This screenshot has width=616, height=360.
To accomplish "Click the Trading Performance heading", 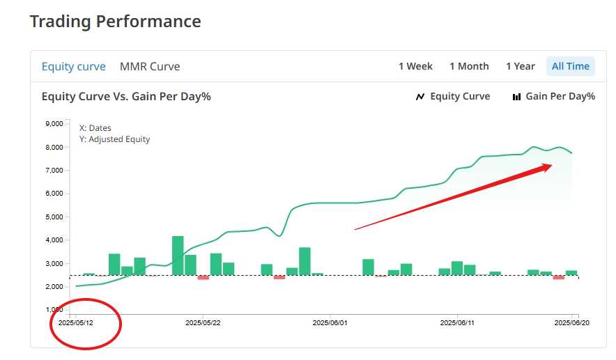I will [x=115, y=22].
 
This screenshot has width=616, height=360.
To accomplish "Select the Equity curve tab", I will [x=73, y=67].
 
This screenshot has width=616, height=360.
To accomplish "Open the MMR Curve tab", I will [x=150, y=67].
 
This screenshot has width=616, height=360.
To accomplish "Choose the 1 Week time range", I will [x=415, y=67].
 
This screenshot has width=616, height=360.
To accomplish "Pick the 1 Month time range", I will [x=469, y=67].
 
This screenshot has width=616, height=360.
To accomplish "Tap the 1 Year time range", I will [x=521, y=67].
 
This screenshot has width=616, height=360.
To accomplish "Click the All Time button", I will [x=570, y=67].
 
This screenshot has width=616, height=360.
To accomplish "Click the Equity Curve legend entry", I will [x=453, y=97].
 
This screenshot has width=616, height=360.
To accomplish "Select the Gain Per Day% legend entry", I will [x=554, y=97].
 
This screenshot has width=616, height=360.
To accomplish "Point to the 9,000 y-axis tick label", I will [x=54, y=124].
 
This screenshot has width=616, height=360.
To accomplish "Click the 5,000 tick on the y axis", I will [x=54, y=217].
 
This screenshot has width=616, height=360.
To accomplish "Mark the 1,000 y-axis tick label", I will [x=54, y=310].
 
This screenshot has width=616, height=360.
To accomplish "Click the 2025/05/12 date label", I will [x=77, y=322].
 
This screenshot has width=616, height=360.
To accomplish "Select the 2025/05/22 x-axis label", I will [x=203, y=322].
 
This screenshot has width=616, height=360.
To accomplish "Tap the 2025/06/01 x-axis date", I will [x=330, y=322].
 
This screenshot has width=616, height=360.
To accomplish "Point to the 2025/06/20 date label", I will [x=572, y=322].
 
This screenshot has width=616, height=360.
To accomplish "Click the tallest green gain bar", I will [x=178, y=256].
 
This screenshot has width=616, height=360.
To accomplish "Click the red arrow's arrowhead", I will [x=546, y=167].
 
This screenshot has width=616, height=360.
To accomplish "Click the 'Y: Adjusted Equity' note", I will [x=114, y=139].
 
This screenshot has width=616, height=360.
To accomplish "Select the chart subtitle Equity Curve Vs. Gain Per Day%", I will [x=126, y=97].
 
